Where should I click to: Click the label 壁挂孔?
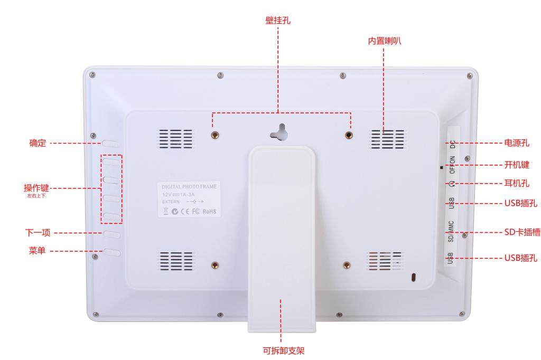click(x=277, y=21)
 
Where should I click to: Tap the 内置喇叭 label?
click(x=384, y=41)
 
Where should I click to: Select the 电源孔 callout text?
click(x=517, y=143)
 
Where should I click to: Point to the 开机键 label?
click(x=517, y=165)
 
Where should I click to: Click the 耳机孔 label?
click(x=517, y=184)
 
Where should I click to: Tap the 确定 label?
click(x=38, y=143)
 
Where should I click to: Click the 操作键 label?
click(x=36, y=188)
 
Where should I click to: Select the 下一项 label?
click(x=38, y=233)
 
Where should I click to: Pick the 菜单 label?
click(x=37, y=251)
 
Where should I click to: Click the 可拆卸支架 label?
click(x=284, y=350)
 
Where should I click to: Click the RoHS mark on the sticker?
click(x=209, y=212)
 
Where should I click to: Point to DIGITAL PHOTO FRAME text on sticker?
click(x=189, y=187)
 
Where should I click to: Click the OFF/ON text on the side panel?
click(x=452, y=165)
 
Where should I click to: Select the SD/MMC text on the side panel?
click(x=451, y=231)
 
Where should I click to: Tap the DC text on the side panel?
click(x=453, y=141)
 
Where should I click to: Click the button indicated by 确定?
click(x=111, y=143)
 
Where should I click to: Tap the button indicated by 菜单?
click(x=111, y=252)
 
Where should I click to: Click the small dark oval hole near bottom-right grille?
click(x=414, y=277)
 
